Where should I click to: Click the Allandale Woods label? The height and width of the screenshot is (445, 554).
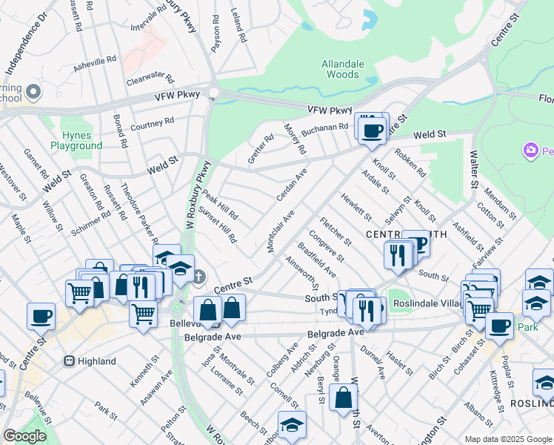pyautogui.click(x=342, y=69)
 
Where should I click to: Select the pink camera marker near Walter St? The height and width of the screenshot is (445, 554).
pyautogui.click(x=530, y=151)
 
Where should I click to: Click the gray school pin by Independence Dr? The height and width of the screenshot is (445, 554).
pyautogui.click(x=32, y=93)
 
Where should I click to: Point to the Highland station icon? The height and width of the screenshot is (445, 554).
pyautogui.click(x=69, y=361)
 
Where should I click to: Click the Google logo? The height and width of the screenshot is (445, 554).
pyautogui.click(x=24, y=435)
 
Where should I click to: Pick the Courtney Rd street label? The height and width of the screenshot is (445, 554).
pyautogui.click(x=152, y=124)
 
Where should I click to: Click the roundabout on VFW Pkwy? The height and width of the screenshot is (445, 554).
pyautogui.click(x=214, y=93)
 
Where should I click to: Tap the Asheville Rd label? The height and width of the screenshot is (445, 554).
pyautogui.click(x=95, y=64)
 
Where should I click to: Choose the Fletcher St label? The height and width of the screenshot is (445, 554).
pyautogui.click(x=336, y=231)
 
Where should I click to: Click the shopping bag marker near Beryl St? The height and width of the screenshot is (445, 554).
pyautogui.click(x=344, y=398)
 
